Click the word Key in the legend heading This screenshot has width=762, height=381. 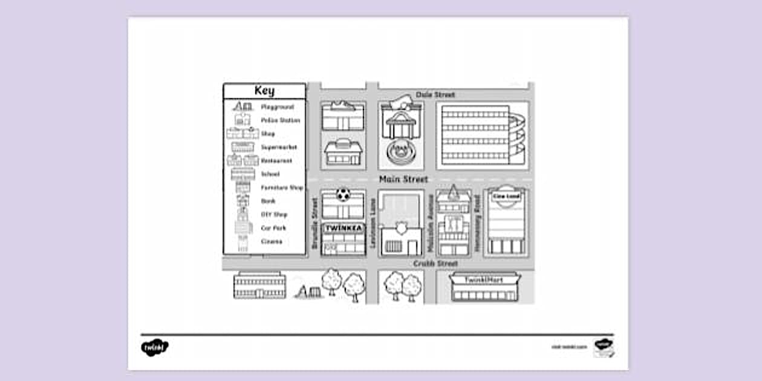coord(264,91)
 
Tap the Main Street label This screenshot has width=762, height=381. coord(403,179)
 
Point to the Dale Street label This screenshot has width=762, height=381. coord(435,95)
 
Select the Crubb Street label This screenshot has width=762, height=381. coord(435,264)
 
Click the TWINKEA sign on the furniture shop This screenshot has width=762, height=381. coord(343,229)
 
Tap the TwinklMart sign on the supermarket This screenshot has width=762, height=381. coord(484,280)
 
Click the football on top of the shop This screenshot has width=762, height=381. coord(343,195)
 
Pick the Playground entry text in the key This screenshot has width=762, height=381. coord(278,107)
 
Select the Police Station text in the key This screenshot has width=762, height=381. coord(280,120)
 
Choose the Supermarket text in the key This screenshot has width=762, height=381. coord(279,148)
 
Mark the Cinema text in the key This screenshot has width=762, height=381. coord(272,241)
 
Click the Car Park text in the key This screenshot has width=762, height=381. coord(273,228)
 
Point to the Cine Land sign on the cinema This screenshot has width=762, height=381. coord(506,197)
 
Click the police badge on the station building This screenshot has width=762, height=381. coord(400,227)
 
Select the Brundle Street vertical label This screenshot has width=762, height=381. coord(314,224)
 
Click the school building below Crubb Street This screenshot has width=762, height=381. coord(259,285)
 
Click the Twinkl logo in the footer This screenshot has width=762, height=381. coord(155,347)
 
